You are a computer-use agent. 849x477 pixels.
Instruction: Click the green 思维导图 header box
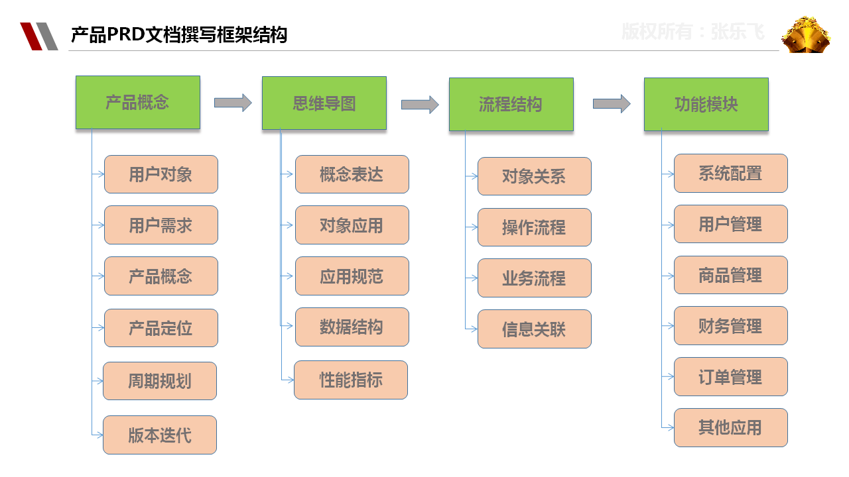(324, 103)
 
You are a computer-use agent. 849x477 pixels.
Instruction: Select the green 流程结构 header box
(511, 105)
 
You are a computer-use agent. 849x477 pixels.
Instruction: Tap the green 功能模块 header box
(706, 105)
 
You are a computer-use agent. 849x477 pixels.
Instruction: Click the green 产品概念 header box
(138, 102)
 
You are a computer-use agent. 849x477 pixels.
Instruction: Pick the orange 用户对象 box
(161, 174)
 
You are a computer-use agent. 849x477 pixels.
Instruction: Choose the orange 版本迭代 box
(160, 435)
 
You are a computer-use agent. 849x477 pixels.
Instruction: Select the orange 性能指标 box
(351, 380)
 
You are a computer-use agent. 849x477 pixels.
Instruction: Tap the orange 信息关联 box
(535, 329)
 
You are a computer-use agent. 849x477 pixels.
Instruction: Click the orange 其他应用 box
(731, 427)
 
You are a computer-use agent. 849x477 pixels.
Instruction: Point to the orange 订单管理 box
(731, 377)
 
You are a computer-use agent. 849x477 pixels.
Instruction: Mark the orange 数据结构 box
(352, 327)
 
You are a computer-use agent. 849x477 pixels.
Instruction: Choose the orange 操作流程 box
(535, 227)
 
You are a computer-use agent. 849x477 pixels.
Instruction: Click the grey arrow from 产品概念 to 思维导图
(233, 103)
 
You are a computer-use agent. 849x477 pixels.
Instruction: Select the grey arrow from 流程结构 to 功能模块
(612, 103)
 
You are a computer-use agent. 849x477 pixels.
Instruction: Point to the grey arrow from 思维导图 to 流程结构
(420, 105)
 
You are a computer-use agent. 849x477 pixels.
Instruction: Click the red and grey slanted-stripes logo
(39, 36)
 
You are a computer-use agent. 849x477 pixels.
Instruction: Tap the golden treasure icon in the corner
(806, 35)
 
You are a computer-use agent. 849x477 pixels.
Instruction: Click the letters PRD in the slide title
(126, 34)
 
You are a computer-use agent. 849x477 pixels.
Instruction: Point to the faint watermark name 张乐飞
(738, 32)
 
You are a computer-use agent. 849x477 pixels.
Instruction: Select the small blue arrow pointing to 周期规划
(98, 381)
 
